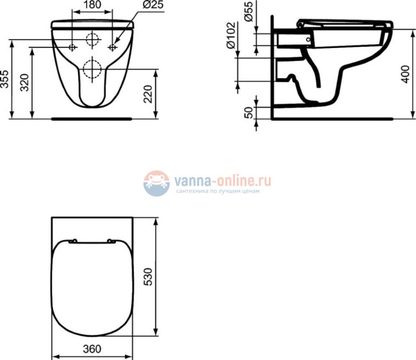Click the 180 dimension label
coord(92,4)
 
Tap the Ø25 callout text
coord(153,4)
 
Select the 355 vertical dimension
coord(4,79)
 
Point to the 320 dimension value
coord(24,83)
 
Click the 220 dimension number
coord(148,94)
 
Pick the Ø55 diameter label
coord(248,12)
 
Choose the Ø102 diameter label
coord(231,35)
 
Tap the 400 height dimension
coord(405,74)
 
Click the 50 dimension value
coord(248,113)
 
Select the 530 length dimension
coord(148,277)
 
